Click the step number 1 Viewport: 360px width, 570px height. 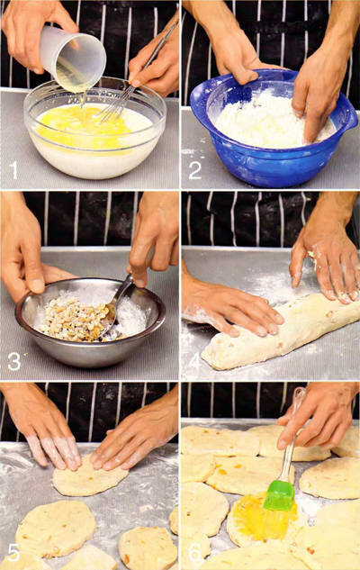point(14,170)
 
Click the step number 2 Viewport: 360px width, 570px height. point(194,170)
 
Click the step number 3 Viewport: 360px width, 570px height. point(14,361)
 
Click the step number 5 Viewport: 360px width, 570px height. point(13,552)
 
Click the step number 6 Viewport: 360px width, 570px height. point(194,552)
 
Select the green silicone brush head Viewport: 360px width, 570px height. point(279,495)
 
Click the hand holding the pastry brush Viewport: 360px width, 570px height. point(319,418)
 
